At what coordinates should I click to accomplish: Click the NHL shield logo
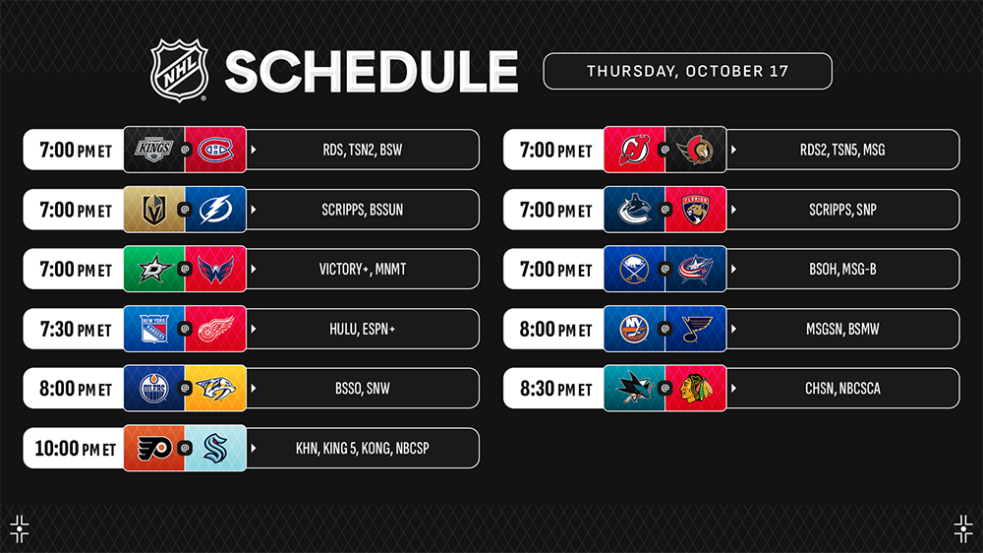[x=179, y=70]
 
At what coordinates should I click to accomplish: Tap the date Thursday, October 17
[x=688, y=71]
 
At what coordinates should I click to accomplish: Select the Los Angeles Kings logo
[x=154, y=150]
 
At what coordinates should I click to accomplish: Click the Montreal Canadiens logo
[x=215, y=150]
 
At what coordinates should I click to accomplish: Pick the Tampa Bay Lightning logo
[x=215, y=209]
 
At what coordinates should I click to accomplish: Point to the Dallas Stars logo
[x=154, y=269]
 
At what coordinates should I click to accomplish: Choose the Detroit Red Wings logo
[x=215, y=329]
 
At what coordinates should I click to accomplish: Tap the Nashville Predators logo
[x=215, y=389]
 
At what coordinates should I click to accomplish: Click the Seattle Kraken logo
[x=215, y=448]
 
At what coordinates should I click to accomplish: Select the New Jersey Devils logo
[x=634, y=150]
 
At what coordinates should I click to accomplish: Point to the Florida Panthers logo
[x=696, y=209]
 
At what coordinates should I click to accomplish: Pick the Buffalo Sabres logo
[x=634, y=269]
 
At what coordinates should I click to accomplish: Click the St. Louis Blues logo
[x=696, y=329]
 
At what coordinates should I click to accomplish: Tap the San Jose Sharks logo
[x=634, y=389]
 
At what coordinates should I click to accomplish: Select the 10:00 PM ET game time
[x=76, y=448]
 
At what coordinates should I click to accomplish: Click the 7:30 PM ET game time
[x=76, y=329]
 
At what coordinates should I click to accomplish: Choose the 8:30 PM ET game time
[x=555, y=389]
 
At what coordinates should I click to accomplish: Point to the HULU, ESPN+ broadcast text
[x=363, y=329]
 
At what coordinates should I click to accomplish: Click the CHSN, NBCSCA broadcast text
[x=842, y=389]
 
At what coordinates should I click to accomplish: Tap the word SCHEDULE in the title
[x=372, y=72]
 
